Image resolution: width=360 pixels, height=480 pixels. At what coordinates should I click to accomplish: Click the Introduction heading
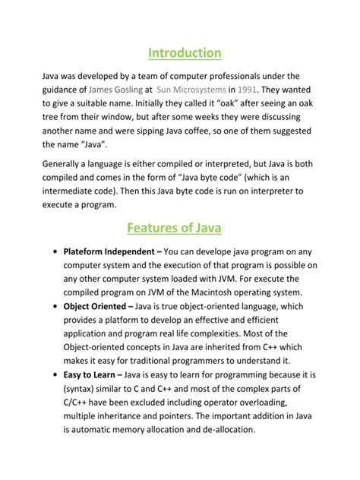pos(185,52)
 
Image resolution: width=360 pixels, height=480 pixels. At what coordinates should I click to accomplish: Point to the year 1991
pos(250,90)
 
